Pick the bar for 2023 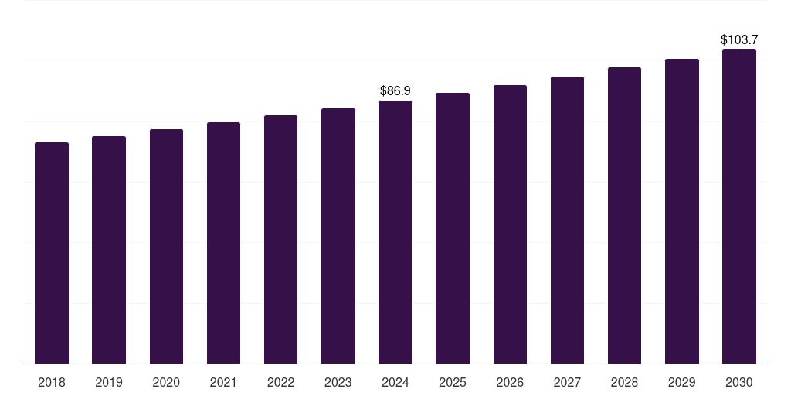coord(338,236)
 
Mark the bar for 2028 coord(624,216)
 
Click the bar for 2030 coord(739,207)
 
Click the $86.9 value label coord(395,91)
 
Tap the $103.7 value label coord(739,39)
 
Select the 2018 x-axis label coord(52,382)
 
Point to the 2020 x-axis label coord(166,382)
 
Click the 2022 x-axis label coord(280,382)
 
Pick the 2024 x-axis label coord(395,382)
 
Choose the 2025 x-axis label coord(453,382)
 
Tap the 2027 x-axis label coord(567,382)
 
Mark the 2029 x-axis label coord(681,382)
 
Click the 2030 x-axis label coord(739,382)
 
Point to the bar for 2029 coord(681,211)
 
